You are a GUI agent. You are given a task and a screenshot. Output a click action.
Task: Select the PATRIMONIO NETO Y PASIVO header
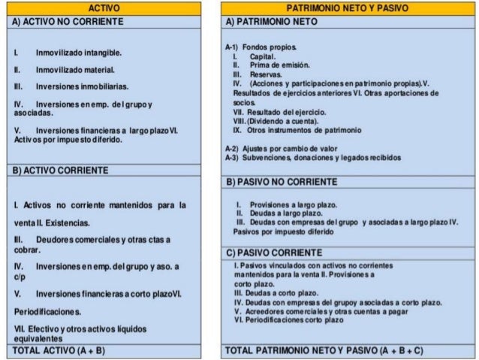(x=348, y=8)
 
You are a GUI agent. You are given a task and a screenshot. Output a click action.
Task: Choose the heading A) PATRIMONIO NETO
(x=273, y=22)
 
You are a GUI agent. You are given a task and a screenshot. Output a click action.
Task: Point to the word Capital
(x=264, y=57)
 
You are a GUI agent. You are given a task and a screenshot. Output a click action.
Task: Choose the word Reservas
(x=267, y=75)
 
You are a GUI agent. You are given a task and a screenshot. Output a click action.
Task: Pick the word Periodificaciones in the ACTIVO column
(x=41, y=310)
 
